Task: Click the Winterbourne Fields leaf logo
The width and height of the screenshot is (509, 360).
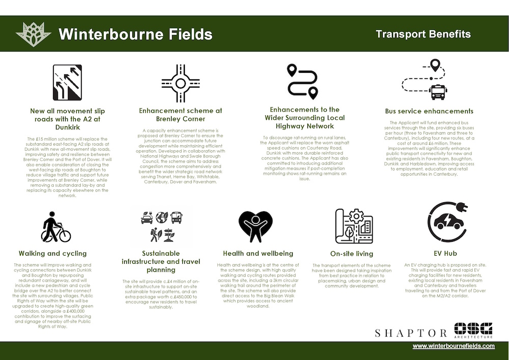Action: [x=34, y=34]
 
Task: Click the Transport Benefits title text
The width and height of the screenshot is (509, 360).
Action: [x=423, y=34]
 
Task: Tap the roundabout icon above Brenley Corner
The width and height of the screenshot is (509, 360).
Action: [x=181, y=84]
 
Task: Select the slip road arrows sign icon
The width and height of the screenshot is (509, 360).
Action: [x=67, y=82]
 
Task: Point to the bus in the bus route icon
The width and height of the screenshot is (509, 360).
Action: [x=437, y=92]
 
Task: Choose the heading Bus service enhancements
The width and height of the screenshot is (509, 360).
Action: [x=429, y=111]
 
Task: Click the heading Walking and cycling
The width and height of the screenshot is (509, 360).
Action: [x=52, y=253]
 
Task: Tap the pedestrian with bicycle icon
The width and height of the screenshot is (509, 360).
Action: [x=55, y=227]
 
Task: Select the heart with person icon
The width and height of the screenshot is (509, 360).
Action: [x=256, y=226]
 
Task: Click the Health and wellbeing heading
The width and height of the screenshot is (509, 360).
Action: [x=258, y=253]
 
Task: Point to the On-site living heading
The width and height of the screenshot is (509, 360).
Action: [x=352, y=254]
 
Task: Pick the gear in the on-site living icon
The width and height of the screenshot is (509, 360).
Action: [x=356, y=215]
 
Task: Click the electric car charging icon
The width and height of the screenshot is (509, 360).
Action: [x=447, y=221]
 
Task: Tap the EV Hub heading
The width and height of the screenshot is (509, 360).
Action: [x=445, y=253]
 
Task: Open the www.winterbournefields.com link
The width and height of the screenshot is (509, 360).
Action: [x=454, y=346]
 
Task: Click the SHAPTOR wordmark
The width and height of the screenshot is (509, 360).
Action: [x=411, y=333]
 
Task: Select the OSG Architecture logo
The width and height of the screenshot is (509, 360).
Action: [x=473, y=330]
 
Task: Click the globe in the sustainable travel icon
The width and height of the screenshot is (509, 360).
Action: [x=162, y=217]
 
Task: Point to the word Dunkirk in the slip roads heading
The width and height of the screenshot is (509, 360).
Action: [x=68, y=127]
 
